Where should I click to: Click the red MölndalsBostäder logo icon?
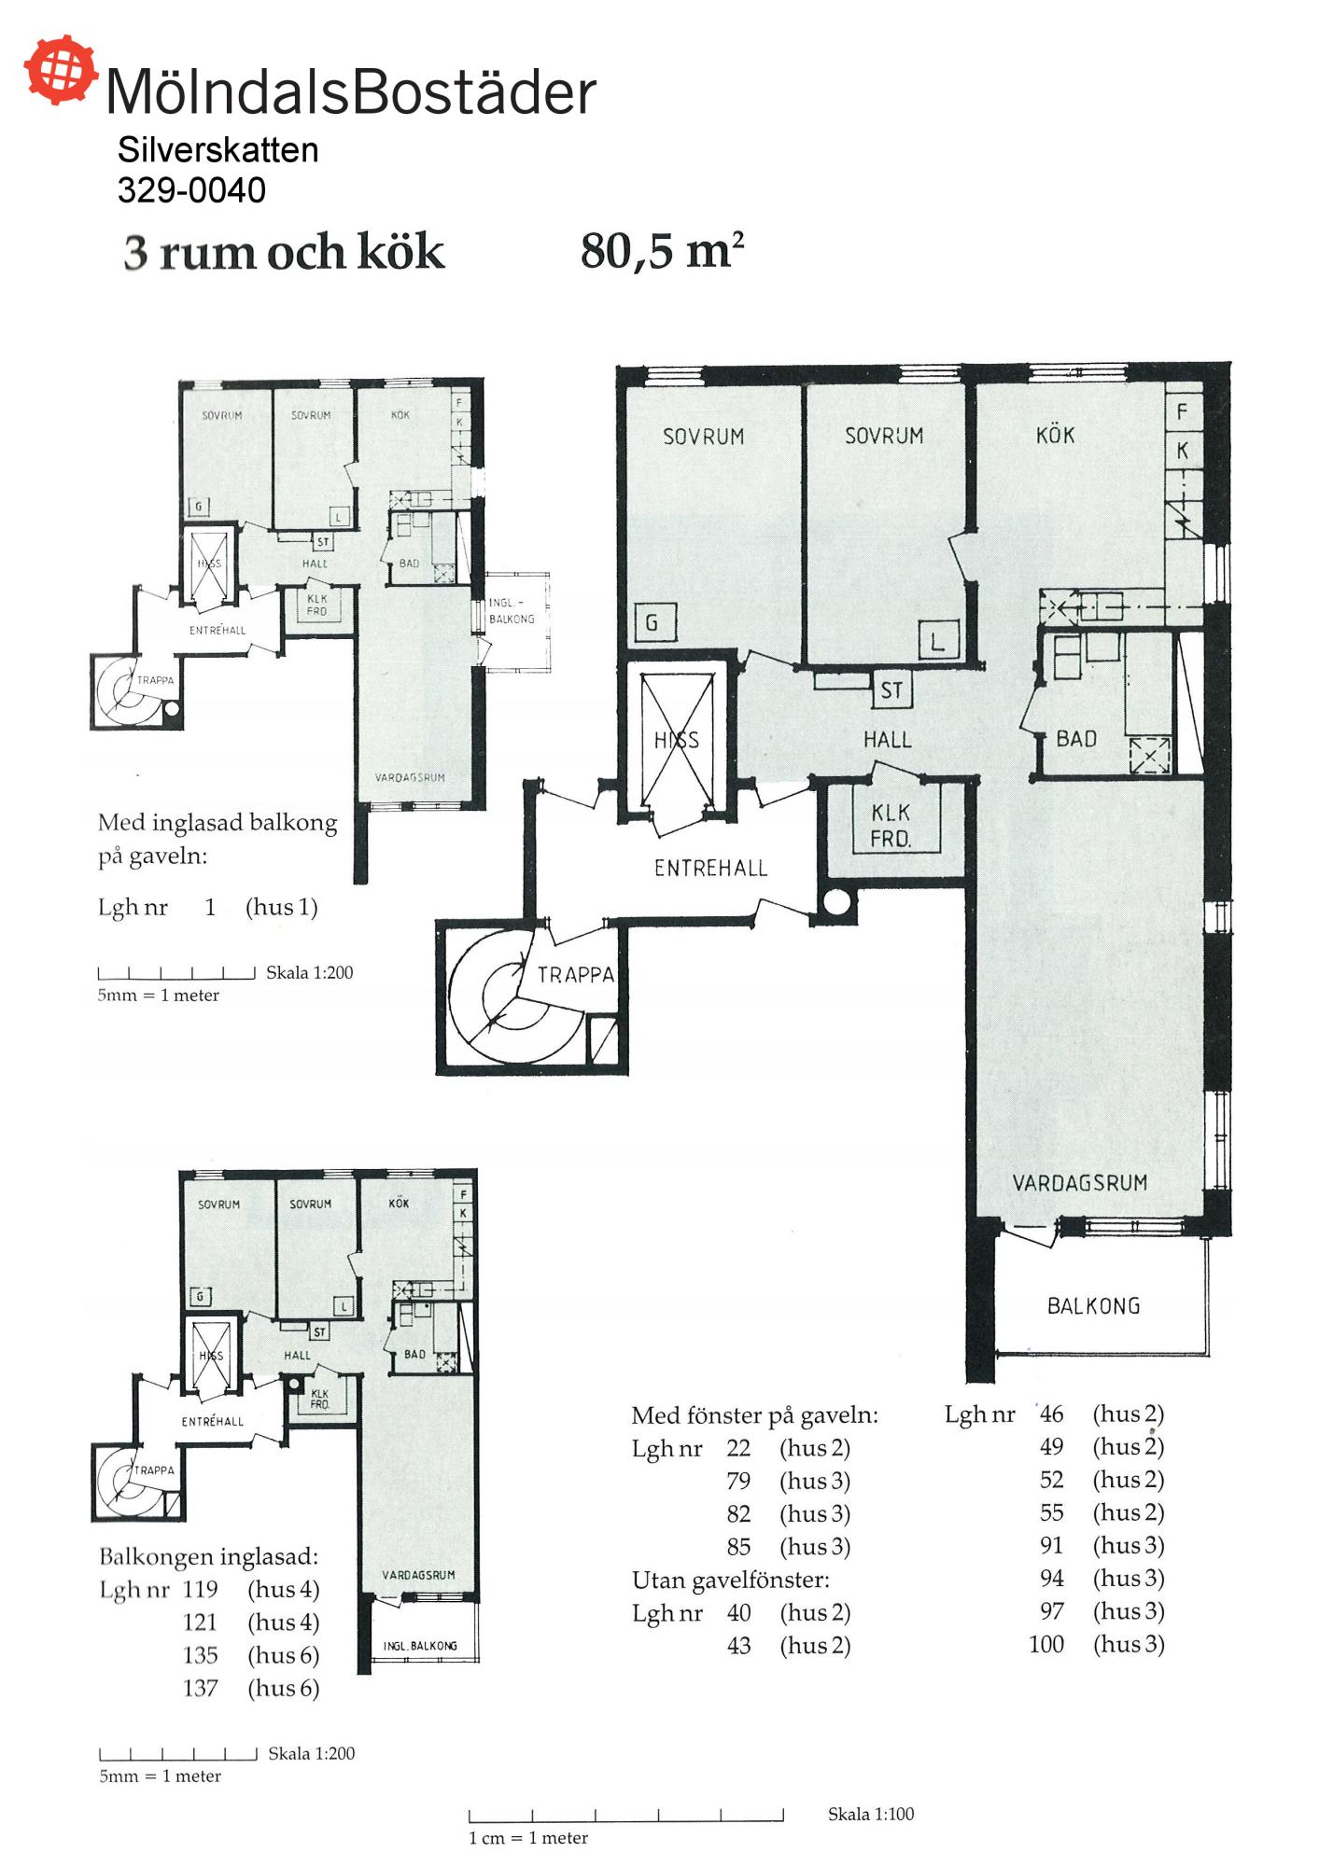tap(61, 69)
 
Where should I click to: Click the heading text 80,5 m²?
tap(662, 251)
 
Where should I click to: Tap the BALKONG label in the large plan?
tap(1093, 1305)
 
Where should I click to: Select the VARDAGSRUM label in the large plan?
tap(1079, 1182)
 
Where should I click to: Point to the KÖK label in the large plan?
tap(1055, 434)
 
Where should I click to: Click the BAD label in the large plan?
tap(1076, 739)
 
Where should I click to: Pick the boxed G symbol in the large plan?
tap(652, 621)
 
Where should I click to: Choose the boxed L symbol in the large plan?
tap(938, 640)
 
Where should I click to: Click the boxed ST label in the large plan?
tap(891, 690)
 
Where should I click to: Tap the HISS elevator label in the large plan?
tap(676, 740)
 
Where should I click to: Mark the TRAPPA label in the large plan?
tap(575, 975)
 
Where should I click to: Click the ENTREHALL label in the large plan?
tap(710, 869)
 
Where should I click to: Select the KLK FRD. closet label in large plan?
tap(891, 826)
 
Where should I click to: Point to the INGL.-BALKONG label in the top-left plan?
tap(512, 611)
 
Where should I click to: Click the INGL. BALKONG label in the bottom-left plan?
tap(420, 1646)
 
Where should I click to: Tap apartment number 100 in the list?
tap(1046, 1644)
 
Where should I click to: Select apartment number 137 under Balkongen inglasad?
tap(200, 1688)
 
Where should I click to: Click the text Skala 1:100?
tap(871, 1814)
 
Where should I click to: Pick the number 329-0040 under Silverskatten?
tap(191, 190)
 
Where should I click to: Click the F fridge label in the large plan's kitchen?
tap(1182, 411)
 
